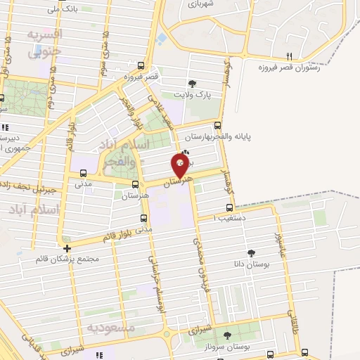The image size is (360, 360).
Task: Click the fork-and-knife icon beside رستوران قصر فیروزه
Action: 289,56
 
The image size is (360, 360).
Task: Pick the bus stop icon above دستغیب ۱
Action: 229,207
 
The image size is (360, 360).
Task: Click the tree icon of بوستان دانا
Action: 251,253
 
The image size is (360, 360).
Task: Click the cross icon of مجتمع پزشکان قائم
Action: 66,248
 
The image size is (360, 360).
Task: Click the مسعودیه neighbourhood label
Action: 110,327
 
